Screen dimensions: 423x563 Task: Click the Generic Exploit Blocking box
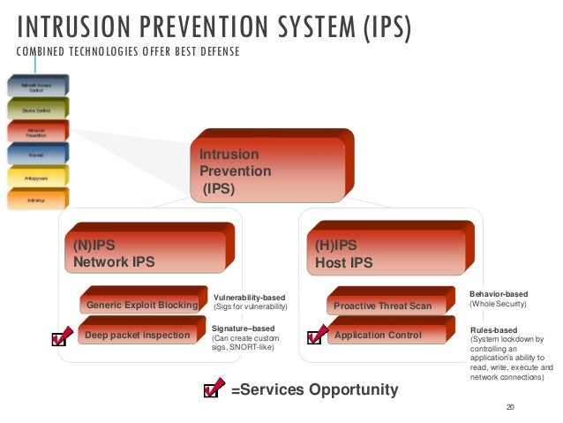[x=141, y=306]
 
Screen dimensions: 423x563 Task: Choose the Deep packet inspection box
[x=138, y=335]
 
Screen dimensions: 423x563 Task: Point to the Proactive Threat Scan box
[x=383, y=306]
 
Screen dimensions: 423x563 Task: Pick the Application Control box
[x=379, y=335]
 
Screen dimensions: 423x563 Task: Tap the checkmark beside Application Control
[x=316, y=336]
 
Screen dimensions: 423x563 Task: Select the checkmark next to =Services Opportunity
[x=213, y=389]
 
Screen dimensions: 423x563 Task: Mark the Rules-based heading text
[x=494, y=329]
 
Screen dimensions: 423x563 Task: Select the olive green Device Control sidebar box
[x=34, y=110]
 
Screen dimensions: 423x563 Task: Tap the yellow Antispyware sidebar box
[x=34, y=177]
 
